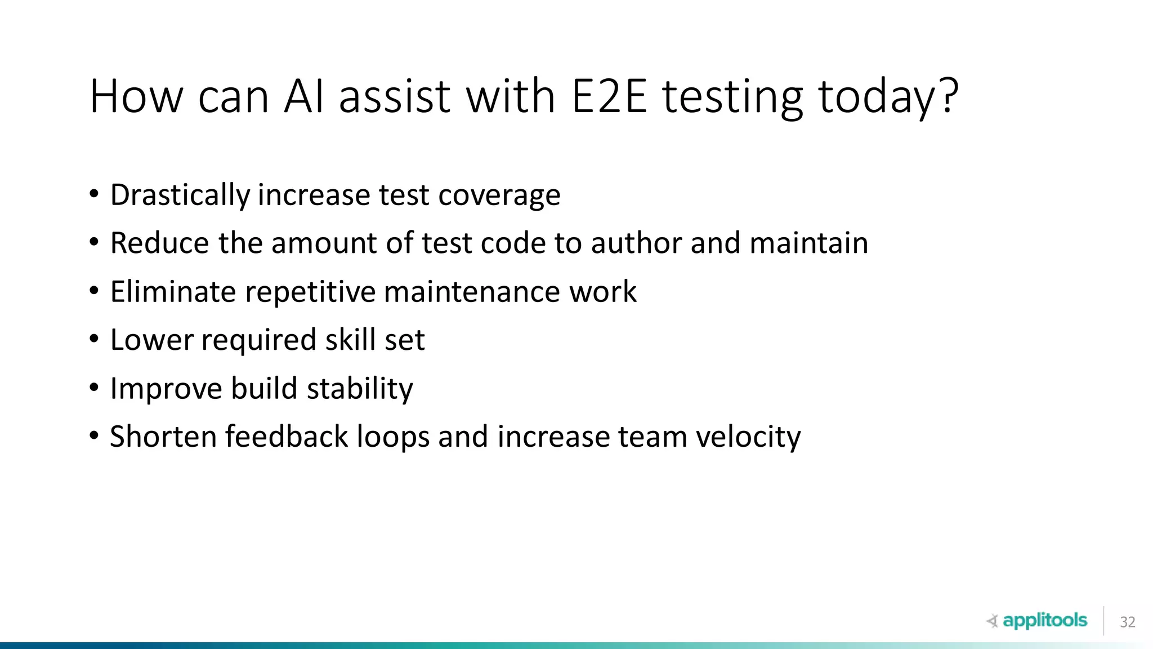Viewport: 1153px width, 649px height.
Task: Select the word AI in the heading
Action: (305, 96)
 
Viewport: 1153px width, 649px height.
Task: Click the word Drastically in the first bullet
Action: (180, 195)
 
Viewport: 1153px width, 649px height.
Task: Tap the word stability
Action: (360, 389)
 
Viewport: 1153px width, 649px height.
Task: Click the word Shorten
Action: (163, 437)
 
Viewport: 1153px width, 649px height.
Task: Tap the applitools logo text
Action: (1044, 620)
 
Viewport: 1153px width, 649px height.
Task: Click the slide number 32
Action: (1127, 622)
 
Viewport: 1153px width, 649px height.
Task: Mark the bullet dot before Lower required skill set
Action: (94, 339)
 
